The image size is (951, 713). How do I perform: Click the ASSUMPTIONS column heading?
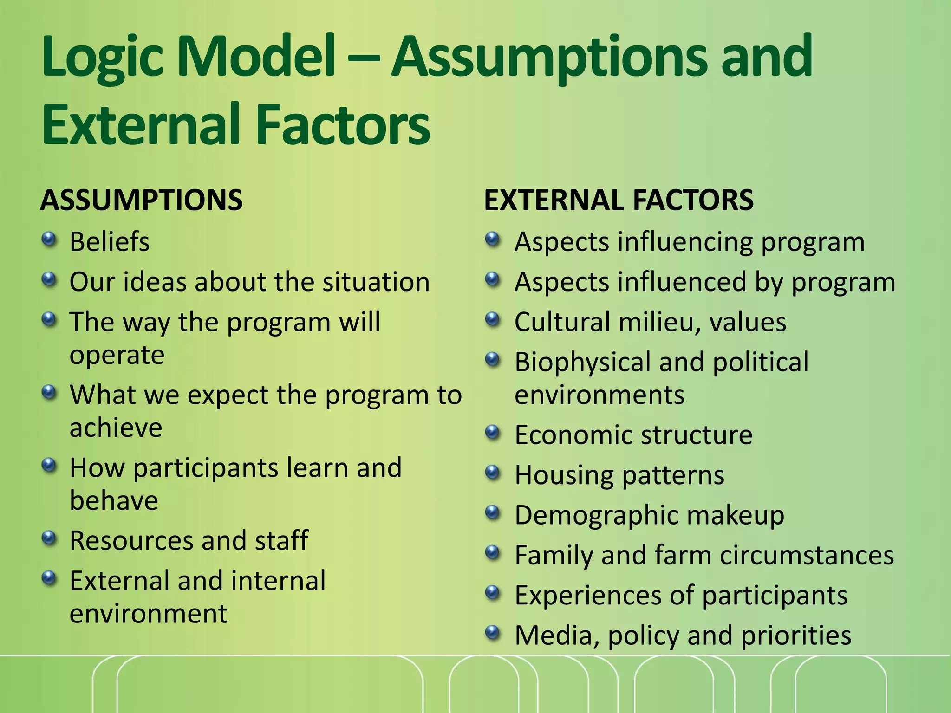(x=141, y=201)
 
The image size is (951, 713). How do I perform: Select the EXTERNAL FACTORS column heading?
(x=619, y=201)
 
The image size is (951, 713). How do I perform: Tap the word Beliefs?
(x=110, y=242)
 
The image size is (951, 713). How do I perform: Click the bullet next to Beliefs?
(x=49, y=240)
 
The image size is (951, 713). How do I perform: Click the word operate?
(x=117, y=356)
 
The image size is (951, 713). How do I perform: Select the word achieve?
(x=116, y=428)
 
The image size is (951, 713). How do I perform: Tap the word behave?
(x=114, y=501)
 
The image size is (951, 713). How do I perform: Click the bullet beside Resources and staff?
(x=49, y=538)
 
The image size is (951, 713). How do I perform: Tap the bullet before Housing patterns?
(x=493, y=473)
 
